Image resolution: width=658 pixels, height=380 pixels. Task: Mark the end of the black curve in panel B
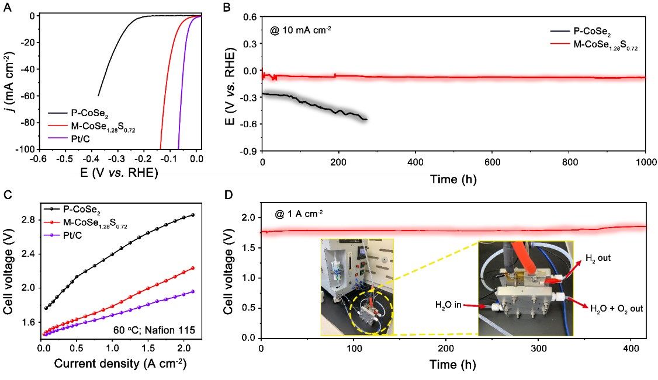pyautogui.click(x=366, y=119)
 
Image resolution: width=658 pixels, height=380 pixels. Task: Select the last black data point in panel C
pyautogui.click(x=193, y=215)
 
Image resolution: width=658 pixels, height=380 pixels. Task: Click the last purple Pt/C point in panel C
pyautogui.click(x=193, y=291)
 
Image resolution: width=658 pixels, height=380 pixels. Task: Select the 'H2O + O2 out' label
pyautogui.click(x=616, y=308)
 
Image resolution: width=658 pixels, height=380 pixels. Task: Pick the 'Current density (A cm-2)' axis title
pyautogui.click(x=116, y=364)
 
